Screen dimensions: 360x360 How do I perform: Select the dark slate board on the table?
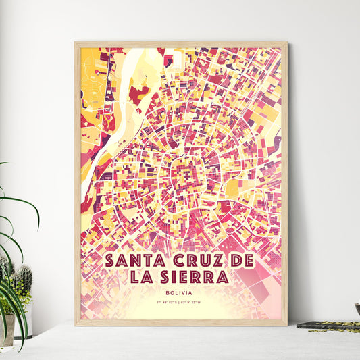[x=328, y=326]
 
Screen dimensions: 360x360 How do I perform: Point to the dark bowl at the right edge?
[x=357, y=309]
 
